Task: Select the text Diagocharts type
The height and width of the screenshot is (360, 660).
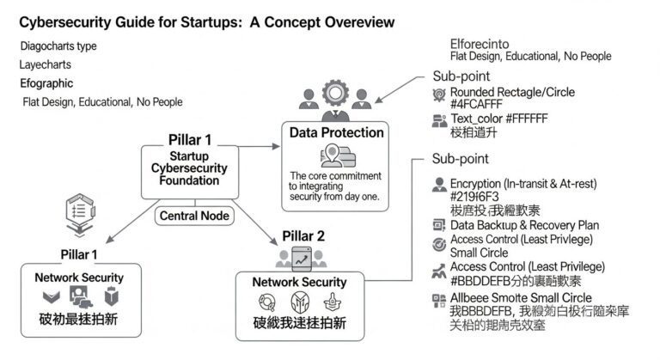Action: [58, 46]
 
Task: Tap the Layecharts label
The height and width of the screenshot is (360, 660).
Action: [46, 64]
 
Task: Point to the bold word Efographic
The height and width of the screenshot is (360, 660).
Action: [46, 83]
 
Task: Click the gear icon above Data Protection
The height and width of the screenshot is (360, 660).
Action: [333, 94]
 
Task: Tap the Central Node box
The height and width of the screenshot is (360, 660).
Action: [190, 216]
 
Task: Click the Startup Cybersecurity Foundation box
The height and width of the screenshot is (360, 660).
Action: [187, 168]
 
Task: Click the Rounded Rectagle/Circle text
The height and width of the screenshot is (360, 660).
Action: [512, 92]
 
